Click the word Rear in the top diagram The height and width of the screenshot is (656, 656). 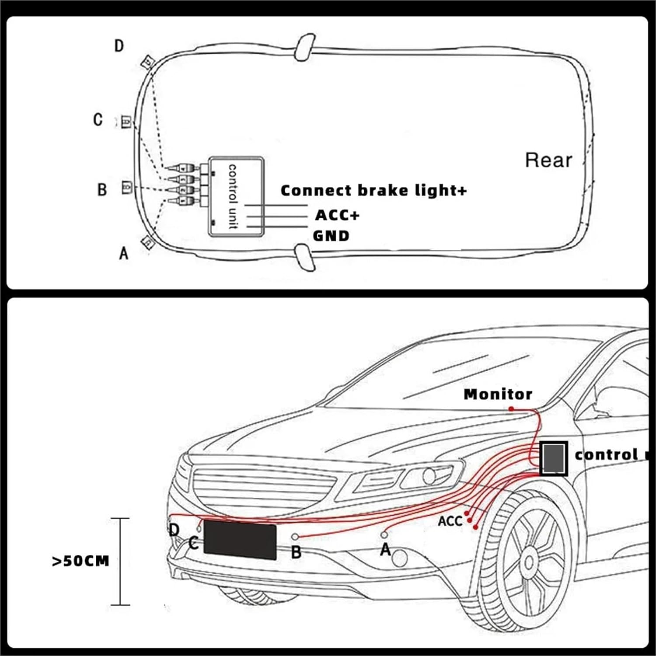(x=548, y=161)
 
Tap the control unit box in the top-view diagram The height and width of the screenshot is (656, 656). (x=236, y=196)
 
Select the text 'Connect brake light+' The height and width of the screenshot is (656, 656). (x=373, y=191)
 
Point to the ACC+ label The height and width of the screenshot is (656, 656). (x=337, y=215)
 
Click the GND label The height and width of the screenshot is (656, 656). (x=331, y=236)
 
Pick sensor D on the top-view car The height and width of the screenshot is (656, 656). (x=147, y=62)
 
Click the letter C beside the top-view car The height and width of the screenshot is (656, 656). (x=98, y=119)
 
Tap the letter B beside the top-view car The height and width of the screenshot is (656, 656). (x=101, y=189)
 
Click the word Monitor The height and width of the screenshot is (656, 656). (x=498, y=394)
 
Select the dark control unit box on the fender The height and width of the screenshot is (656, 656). (x=554, y=458)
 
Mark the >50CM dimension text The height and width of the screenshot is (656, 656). (x=80, y=561)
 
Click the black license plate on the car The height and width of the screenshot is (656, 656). (x=240, y=540)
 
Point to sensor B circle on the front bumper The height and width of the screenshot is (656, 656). (x=295, y=537)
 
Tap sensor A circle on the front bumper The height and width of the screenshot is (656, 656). (x=384, y=534)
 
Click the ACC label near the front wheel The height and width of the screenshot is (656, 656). (x=450, y=521)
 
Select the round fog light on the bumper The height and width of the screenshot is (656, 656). (x=400, y=558)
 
